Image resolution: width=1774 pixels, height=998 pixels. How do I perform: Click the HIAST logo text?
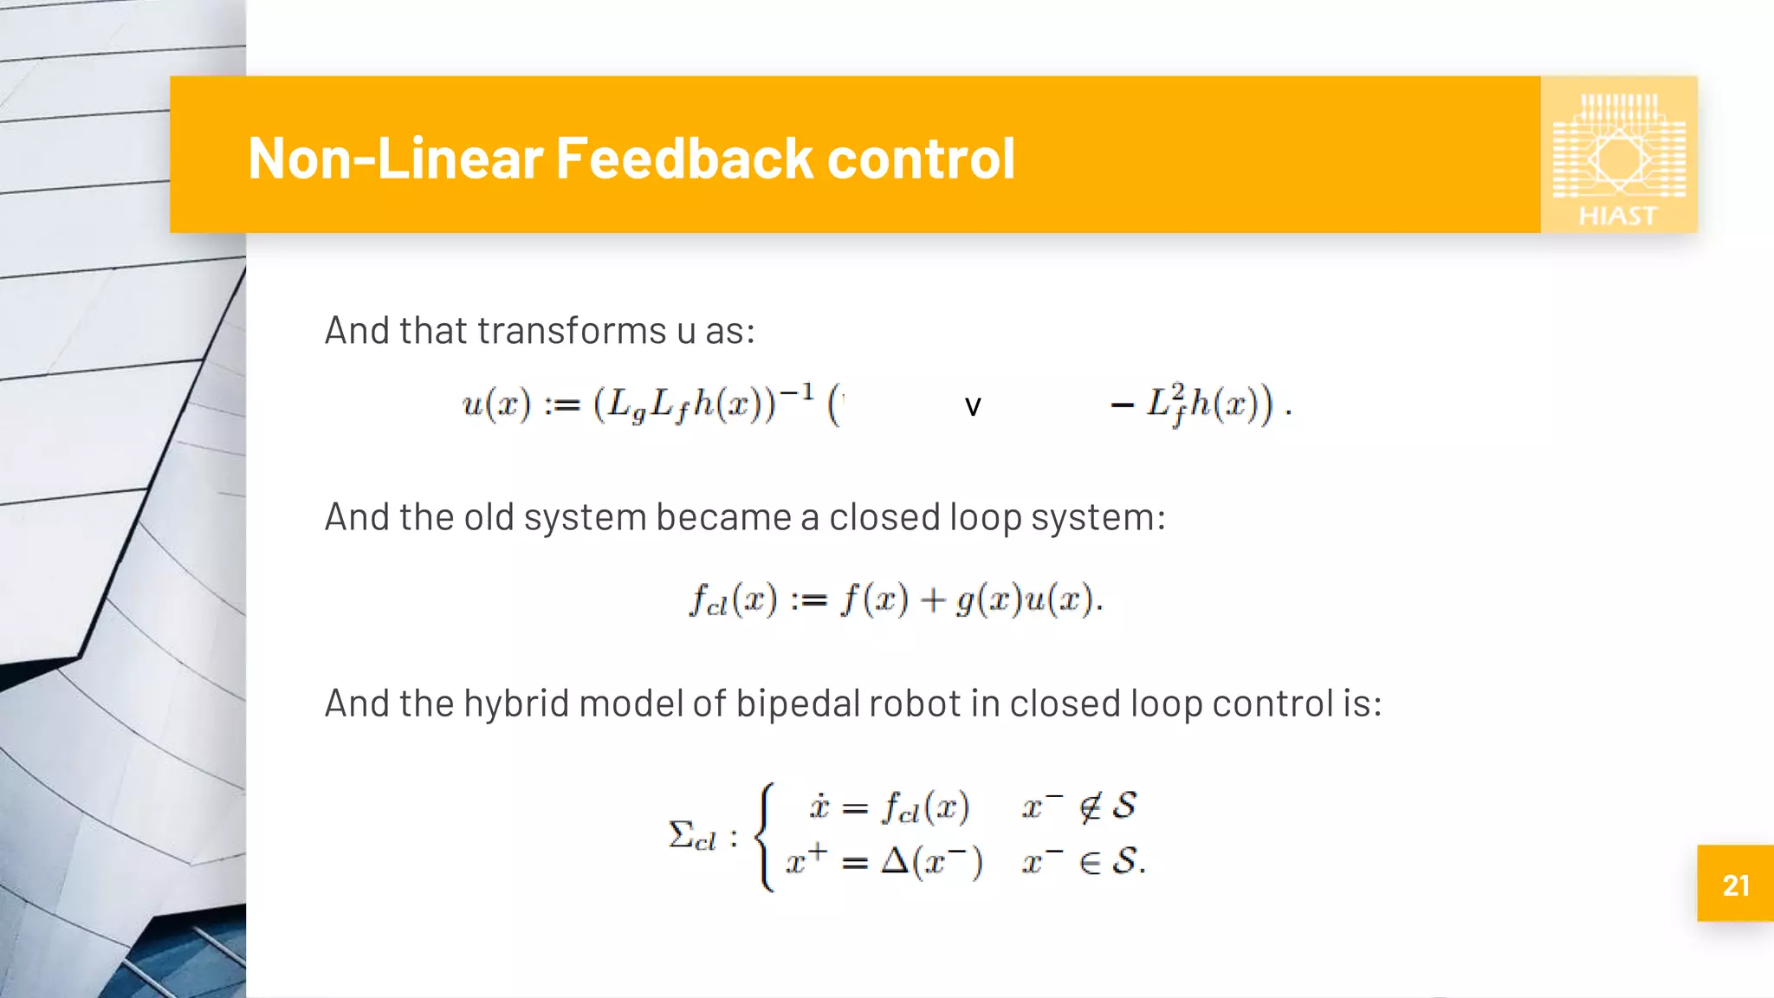1617,216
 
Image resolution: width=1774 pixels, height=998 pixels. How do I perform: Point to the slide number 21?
1736,885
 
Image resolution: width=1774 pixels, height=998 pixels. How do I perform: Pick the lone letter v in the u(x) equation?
973,406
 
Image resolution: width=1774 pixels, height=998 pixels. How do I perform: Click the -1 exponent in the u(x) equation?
796,392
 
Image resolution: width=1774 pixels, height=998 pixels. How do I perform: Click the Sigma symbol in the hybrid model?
682,835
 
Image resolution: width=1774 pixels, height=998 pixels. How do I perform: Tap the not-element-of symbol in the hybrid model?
1091,807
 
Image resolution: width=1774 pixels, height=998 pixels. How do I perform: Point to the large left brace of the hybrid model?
764,836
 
